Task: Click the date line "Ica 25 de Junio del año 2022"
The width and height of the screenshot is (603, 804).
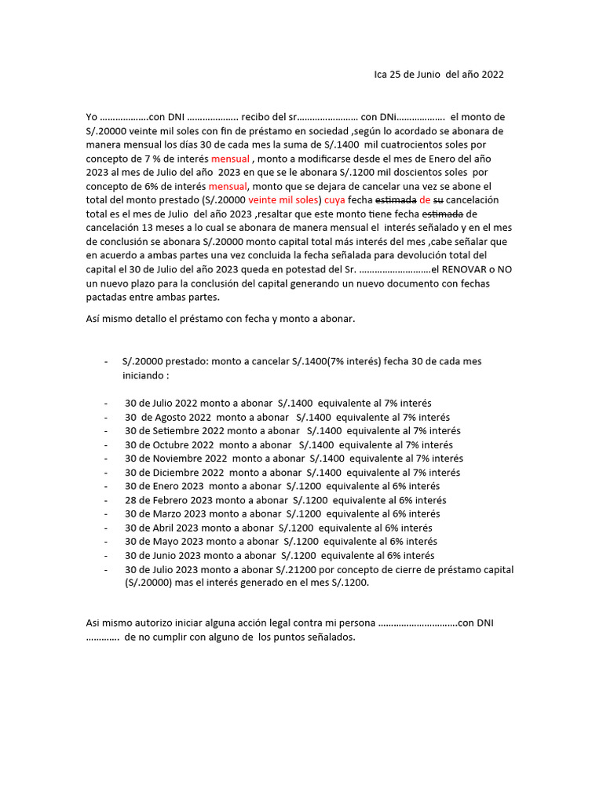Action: coord(439,75)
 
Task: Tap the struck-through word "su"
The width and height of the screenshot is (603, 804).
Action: coord(438,200)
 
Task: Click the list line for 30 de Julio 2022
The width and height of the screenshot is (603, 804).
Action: coord(278,403)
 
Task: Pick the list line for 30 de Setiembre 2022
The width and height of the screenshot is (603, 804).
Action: coord(292,431)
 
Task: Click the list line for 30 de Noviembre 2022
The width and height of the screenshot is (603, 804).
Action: coord(294,459)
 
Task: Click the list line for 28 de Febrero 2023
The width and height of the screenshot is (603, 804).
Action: coord(285,500)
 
